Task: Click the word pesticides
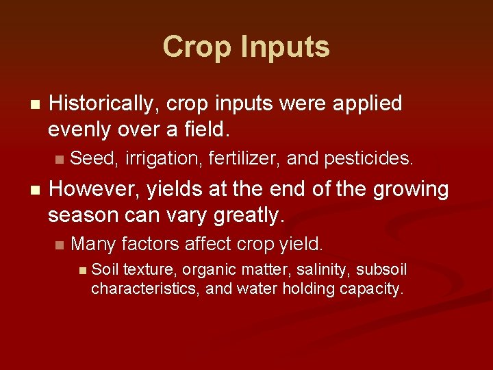369,159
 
